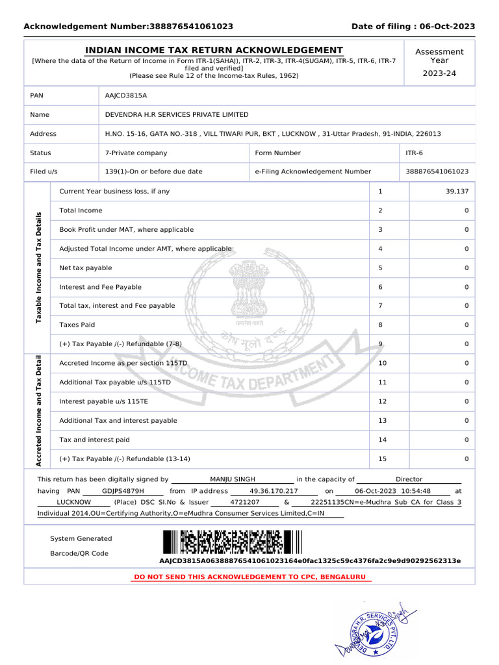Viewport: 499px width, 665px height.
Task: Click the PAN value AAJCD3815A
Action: coord(126,95)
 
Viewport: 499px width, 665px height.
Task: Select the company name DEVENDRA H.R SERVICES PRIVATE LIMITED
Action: coord(177,114)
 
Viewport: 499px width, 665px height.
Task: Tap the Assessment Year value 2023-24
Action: coord(439,73)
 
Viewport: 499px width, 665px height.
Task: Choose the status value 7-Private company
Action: coord(136,153)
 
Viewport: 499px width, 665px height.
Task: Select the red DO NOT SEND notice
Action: coord(249,577)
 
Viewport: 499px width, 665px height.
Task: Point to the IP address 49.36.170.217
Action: coord(274,491)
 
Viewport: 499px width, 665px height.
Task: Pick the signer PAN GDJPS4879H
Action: coord(123,491)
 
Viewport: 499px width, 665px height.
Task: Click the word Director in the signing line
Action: coord(409,479)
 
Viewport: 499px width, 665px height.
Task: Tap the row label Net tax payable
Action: coord(86,268)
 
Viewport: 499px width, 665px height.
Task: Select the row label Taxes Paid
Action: coord(77,325)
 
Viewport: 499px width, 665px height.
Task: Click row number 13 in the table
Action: coord(382,421)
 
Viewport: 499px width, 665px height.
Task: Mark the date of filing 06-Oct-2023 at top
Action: coord(447,27)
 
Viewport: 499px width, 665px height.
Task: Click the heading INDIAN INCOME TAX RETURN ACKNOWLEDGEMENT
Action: coord(214,51)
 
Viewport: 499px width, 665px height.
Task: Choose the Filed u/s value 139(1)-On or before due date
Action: coord(154,172)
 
